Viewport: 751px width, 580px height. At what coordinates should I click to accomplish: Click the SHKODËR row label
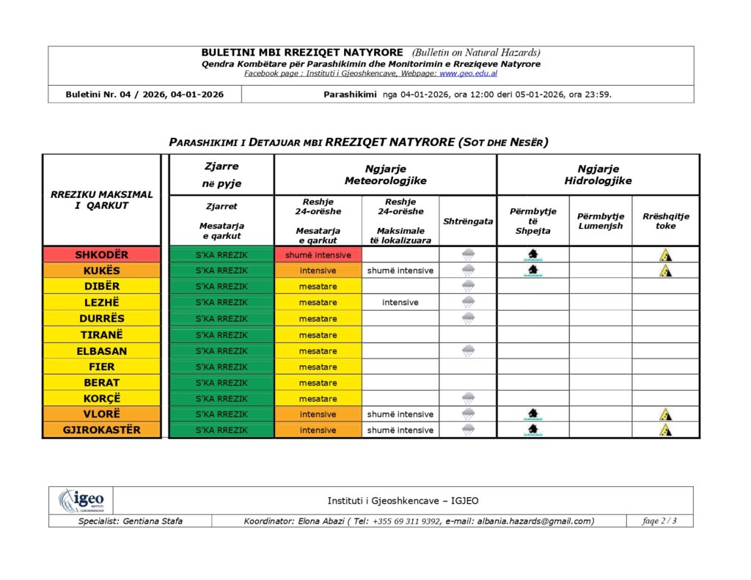[x=101, y=254]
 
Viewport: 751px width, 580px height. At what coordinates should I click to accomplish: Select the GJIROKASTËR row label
[x=101, y=430]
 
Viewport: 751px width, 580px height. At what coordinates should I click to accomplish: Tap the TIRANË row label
[x=101, y=334]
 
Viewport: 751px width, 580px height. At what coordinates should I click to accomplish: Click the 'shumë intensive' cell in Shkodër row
[x=318, y=254]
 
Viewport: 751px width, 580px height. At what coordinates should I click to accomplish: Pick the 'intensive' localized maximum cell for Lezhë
[x=400, y=302]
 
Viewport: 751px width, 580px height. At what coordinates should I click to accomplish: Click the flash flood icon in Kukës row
[x=532, y=270]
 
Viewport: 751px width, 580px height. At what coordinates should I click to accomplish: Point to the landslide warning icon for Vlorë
[x=665, y=414]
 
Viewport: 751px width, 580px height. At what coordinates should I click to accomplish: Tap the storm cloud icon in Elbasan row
[x=468, y=350]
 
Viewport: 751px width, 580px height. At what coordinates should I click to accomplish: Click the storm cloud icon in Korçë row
[x=468, y=398]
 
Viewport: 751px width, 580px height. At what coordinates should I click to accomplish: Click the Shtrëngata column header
[x=468, y=221]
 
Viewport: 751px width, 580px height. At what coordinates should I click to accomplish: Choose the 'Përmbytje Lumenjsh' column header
[x=600, y=221]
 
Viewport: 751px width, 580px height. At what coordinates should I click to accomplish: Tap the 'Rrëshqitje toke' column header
[x=665, y=221]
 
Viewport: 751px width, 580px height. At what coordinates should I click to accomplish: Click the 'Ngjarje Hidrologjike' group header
[x=598, y=175]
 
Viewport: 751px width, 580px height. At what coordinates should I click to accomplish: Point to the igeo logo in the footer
[x=81, y=501]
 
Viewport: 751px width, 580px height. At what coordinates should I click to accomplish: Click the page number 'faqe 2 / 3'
[x=659, y=521]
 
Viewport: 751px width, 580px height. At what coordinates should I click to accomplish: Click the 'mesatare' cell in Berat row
[x=318, y=383]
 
